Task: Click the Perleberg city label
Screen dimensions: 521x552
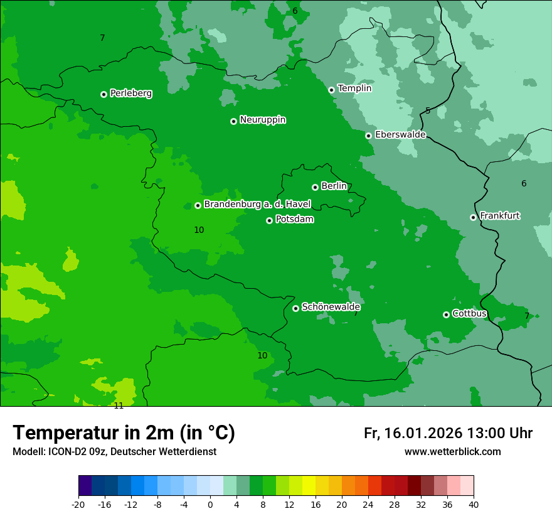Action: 130,94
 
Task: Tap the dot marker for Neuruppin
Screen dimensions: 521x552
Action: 233,121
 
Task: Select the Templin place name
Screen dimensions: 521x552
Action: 354,89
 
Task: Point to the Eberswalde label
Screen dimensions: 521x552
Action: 400,135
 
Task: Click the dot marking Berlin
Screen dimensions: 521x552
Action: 315,187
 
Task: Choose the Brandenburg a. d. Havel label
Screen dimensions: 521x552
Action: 257,205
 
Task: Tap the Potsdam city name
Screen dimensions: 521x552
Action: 294,220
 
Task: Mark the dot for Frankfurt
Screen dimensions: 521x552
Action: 473,217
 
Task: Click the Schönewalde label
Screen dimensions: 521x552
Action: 331,307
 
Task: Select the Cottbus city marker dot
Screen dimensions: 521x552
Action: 446,314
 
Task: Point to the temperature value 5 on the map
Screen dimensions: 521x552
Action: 428,111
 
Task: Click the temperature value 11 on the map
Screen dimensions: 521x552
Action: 119,406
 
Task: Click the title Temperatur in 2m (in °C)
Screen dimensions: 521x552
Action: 124,433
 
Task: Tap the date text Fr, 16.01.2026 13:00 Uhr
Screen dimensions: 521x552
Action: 448,434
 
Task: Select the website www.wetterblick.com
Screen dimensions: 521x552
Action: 452,452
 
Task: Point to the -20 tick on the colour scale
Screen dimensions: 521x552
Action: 78,505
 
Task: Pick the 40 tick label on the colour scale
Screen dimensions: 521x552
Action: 474,505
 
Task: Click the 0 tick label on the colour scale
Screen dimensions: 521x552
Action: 210,505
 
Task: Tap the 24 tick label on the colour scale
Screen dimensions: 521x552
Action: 368,505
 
